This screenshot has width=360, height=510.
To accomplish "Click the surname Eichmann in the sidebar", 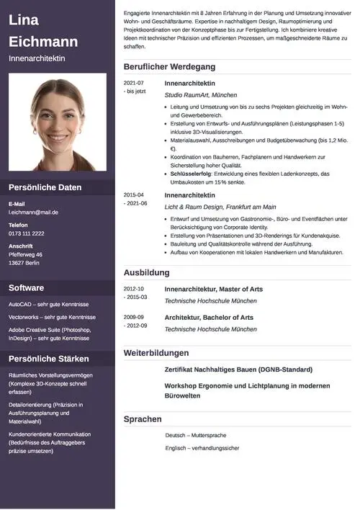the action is (x=43, y=41).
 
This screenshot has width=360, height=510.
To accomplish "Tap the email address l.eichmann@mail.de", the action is (x=33, y=212).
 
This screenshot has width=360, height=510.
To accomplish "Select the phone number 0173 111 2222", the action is (x=27, y=233).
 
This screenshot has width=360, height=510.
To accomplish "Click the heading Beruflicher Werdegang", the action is (x=169, y=67).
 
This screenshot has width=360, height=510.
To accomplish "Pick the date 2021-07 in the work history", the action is (x=133, y=84).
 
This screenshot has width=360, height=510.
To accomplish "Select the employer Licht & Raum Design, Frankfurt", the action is (x=220, y=207).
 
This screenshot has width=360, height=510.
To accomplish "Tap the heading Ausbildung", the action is (x=146, y=273).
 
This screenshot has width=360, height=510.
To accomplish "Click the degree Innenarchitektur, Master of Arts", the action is (x=213, y=290).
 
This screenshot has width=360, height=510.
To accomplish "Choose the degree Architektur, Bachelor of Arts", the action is (x=209, y=317).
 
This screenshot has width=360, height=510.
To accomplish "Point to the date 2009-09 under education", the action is (x=133, y=317).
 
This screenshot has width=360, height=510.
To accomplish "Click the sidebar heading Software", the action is (x=26, y=288).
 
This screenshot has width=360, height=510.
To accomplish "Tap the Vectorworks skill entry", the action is (x=52, y=317).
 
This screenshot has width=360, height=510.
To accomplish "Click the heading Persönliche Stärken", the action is (x=49, y=359).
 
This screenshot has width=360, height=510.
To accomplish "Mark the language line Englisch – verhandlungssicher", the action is (x=202, y=448).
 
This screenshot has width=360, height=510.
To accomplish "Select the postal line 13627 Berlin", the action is (x=24, y=263).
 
